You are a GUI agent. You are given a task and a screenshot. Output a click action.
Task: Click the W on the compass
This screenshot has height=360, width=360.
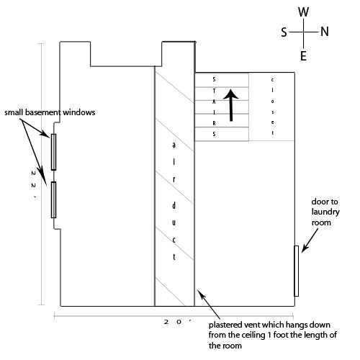pyautogui.click(x=303, y=12)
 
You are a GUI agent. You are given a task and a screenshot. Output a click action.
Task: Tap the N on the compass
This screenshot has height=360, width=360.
pyautogui.click(x=325, y=32)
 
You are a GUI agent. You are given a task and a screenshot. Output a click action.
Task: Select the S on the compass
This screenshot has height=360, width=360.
pyautogui.click(x=284, y=32)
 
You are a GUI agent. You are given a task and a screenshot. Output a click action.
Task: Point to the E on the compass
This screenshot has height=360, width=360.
pyautogui.click(x=303, y=56)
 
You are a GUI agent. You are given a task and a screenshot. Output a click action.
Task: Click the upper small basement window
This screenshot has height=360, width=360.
pyautogui.click(x=53, y=152)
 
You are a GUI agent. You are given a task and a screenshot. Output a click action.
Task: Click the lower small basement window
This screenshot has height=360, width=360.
pyautogui.click(x=53, y=199)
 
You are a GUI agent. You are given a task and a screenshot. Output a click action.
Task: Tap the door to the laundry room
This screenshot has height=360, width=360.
pyautogui.click(x=297, y=271)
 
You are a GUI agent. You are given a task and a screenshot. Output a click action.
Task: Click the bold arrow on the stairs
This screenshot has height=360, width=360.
pyautogui.click(x=231, y=105)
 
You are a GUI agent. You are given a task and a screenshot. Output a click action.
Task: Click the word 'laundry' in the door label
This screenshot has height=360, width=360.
pyautogui.click(x=325, y=212)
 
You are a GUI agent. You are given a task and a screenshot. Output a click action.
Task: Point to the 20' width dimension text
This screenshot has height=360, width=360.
pyautogui.click(x=178, y=322)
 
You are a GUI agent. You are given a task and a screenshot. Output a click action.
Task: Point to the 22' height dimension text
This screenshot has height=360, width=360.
pyautogui.click(x=34, y=184)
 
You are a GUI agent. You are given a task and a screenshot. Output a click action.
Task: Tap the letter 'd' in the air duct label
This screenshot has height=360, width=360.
pyautogui.click(x=174, y=206)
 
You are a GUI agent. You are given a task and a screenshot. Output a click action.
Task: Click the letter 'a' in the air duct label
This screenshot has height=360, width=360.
pyautogui.click(x=174, y=145)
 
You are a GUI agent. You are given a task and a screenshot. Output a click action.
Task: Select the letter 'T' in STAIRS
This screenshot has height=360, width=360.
pyautogui.click(x=214, y=91)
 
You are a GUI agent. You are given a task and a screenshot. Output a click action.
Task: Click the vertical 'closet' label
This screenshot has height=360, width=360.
pyautogui.click(x=272, y=106)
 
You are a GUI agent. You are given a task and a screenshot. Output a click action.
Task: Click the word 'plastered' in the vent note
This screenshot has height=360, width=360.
pyautogui.click(x=225, y=325)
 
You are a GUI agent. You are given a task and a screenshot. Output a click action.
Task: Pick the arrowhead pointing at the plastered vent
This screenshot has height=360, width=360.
pyautogui.click(x=201, y=293)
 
